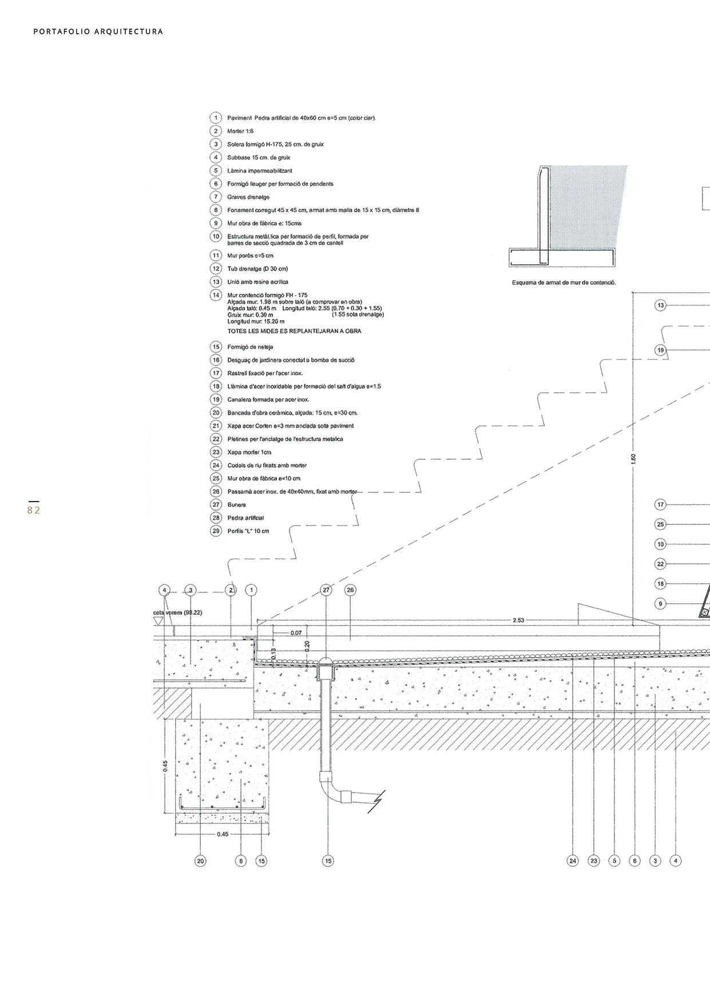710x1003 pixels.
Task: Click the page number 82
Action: (34, 510)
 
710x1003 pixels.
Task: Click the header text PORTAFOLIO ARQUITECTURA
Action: (98, 32)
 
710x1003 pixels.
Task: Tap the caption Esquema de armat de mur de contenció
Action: (564, 282)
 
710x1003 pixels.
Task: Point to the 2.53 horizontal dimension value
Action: (518, 620)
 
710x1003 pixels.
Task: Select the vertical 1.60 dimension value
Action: (633, 459)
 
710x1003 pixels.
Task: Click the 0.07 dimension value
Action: (296, 633)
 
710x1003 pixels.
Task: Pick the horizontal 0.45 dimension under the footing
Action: (223, 834)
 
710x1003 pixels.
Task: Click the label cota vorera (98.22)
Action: (177, 612)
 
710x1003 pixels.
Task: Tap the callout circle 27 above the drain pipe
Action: (326, 590)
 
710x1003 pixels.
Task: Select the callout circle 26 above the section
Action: (351, 590)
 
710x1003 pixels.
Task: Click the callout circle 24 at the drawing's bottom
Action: (573, 861)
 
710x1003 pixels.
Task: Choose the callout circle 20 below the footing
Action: (200, 861)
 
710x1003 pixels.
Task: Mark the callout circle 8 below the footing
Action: (241, 861)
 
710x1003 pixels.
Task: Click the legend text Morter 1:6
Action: (240, 132)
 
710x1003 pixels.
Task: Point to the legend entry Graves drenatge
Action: (248, 197)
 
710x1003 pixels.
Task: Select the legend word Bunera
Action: (237, 505)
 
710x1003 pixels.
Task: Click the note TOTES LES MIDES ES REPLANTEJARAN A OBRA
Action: (294, 331)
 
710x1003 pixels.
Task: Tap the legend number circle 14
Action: (216, 295)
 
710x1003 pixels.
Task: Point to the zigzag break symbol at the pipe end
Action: (376, 802)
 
